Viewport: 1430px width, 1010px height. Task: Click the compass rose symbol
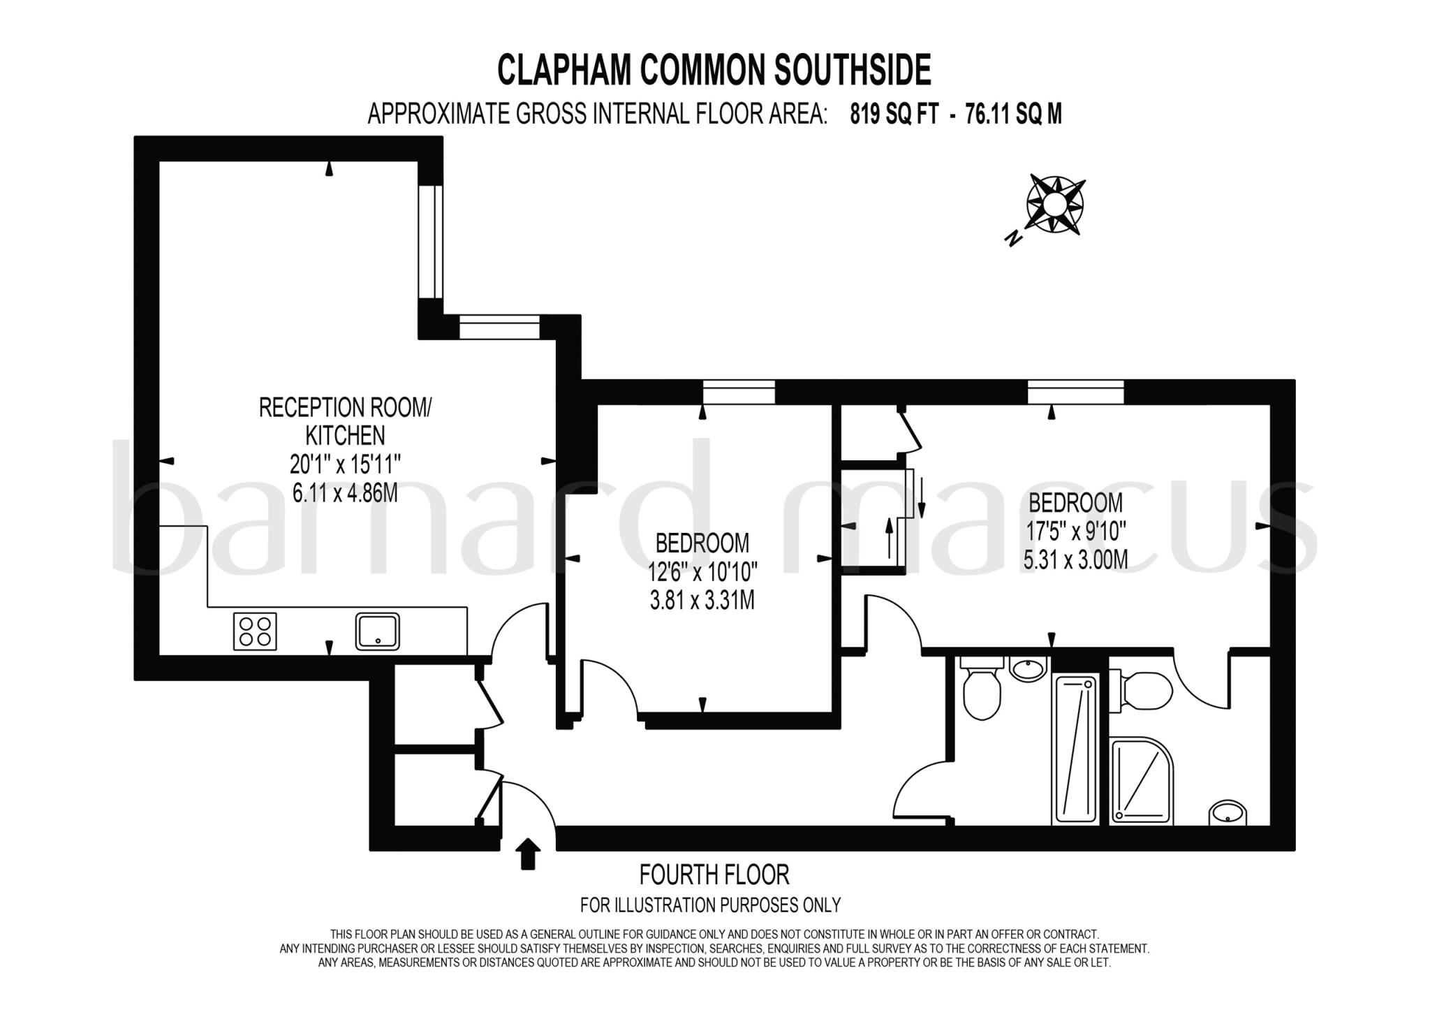pos(1055,204)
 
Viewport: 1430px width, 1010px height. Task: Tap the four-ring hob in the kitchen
pos(255,631)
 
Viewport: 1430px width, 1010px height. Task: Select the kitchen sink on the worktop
pos(377,631)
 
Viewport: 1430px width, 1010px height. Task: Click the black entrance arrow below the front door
pos(528,854)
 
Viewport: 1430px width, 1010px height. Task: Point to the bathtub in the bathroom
pos(1076,748)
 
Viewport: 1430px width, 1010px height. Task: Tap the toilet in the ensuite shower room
pos(1142,691)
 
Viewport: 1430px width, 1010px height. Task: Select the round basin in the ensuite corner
pos(1228,813)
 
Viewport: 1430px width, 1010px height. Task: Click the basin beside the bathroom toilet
pos(1029,669)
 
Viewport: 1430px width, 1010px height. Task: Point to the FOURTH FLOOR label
pos(714,874)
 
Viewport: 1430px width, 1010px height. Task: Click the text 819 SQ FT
pos(894,114)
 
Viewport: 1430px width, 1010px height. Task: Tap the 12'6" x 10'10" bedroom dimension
pos(702,572)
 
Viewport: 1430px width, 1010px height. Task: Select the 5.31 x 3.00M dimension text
pos(1075,559)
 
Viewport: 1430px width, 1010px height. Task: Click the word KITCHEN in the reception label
pos(345,435)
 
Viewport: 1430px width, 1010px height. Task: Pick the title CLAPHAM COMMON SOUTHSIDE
pos(714,70)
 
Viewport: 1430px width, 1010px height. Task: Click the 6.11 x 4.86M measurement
pos(345,493)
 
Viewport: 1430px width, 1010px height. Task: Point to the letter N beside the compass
pos(1013,239)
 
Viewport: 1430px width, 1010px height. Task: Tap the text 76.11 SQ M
pos(1013,114)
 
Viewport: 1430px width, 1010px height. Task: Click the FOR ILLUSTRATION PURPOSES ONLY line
pos(710,905)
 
